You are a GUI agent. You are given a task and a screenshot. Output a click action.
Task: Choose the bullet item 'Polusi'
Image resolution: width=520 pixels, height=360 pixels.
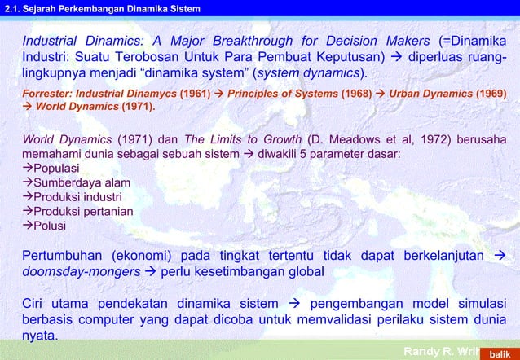[49, 226]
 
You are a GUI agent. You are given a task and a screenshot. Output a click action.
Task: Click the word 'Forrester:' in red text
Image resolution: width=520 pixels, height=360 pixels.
[45, 94]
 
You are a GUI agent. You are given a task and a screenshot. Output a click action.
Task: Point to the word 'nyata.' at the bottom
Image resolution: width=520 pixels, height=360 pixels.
[41, 335]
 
